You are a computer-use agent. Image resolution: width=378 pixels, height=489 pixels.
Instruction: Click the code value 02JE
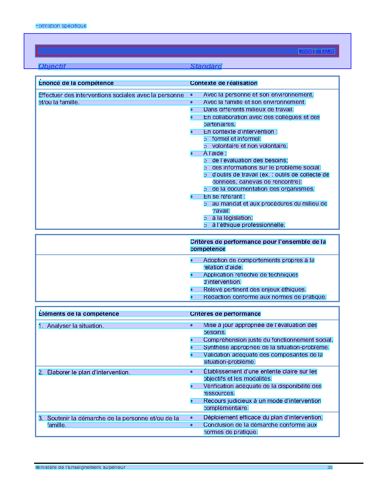[328, 52]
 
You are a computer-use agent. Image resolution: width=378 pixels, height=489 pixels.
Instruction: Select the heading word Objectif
[52, 66]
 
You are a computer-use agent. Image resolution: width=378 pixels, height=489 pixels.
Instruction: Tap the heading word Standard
[206, 66]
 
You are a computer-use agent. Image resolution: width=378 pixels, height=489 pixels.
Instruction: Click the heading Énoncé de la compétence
[76, 83]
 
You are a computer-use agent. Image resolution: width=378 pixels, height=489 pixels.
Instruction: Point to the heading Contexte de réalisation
[224, 83]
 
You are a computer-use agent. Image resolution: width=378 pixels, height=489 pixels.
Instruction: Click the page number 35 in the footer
[330, 467]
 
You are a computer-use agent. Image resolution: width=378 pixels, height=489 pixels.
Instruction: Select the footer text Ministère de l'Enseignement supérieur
[80, 467]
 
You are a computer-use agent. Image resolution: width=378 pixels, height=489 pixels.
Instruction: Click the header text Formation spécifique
[61, 26]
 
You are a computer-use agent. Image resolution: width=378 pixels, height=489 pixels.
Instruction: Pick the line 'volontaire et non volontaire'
[250, 146]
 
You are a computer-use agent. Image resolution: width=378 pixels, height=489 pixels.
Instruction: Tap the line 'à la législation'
[232, 218]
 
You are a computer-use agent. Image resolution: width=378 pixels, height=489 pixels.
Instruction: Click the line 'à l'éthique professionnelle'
[248, 225]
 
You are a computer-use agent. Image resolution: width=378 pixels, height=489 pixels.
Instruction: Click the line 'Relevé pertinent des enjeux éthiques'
[254, 290]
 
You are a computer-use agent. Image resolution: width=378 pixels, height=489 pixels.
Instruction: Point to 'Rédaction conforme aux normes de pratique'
[264, 297]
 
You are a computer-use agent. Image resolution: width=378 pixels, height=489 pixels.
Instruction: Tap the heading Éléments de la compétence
[79, 314]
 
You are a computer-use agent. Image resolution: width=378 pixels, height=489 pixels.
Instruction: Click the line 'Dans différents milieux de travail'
[248, 110]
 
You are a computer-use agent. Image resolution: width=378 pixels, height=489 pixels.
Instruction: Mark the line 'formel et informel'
[236, 139]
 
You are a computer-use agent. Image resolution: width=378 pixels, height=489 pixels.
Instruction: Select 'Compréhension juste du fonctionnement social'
[268, 340]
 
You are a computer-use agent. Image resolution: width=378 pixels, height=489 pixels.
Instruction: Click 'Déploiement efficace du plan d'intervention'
[263, 418]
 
